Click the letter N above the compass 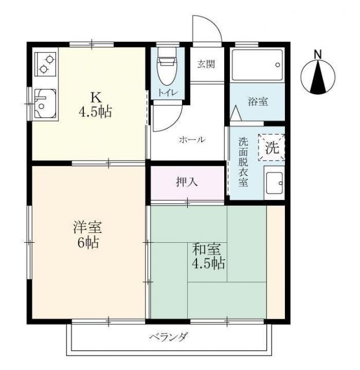click(317, 55)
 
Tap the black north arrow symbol click(317, 79)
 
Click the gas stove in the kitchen click(46, 64)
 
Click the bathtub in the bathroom click(257, 64)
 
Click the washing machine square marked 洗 click(272, 147)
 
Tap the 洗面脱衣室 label click(243, 162)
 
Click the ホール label click(192, 140)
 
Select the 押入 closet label click(187, 182)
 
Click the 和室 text click(206, 250)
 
